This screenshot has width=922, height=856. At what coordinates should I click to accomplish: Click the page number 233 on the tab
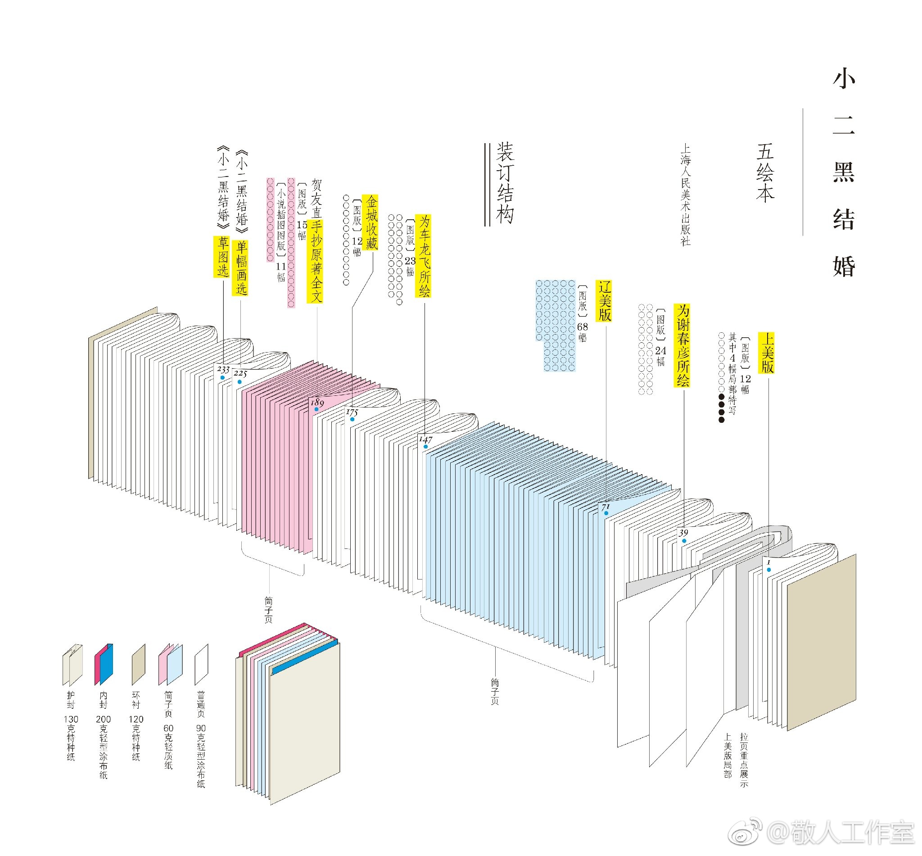point(223,369)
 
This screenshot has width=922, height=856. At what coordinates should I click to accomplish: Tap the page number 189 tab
point(317,402)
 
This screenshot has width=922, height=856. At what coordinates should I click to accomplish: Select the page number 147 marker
point(425,439)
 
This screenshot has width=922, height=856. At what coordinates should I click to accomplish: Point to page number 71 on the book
point(606,507)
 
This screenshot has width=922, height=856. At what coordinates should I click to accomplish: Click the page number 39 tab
point(683,533)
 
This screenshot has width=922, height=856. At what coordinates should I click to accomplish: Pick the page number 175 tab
point(352,412)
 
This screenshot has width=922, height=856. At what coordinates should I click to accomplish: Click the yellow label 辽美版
point(604,301)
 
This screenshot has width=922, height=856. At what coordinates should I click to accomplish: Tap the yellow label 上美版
point(766,353)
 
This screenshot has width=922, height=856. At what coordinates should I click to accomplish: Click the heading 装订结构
point(505,183)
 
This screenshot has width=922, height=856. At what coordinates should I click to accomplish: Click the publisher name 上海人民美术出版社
point(685,195)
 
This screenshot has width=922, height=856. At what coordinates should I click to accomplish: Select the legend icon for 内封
point(104,664)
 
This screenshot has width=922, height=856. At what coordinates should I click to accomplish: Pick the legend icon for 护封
point(72,664)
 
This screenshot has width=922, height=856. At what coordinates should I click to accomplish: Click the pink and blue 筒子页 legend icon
point(170,664)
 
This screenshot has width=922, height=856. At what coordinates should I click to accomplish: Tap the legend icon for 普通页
point(201,664)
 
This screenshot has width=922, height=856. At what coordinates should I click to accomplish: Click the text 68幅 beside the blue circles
point(582,332)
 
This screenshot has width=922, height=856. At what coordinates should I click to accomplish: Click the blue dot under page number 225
point(240,382)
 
